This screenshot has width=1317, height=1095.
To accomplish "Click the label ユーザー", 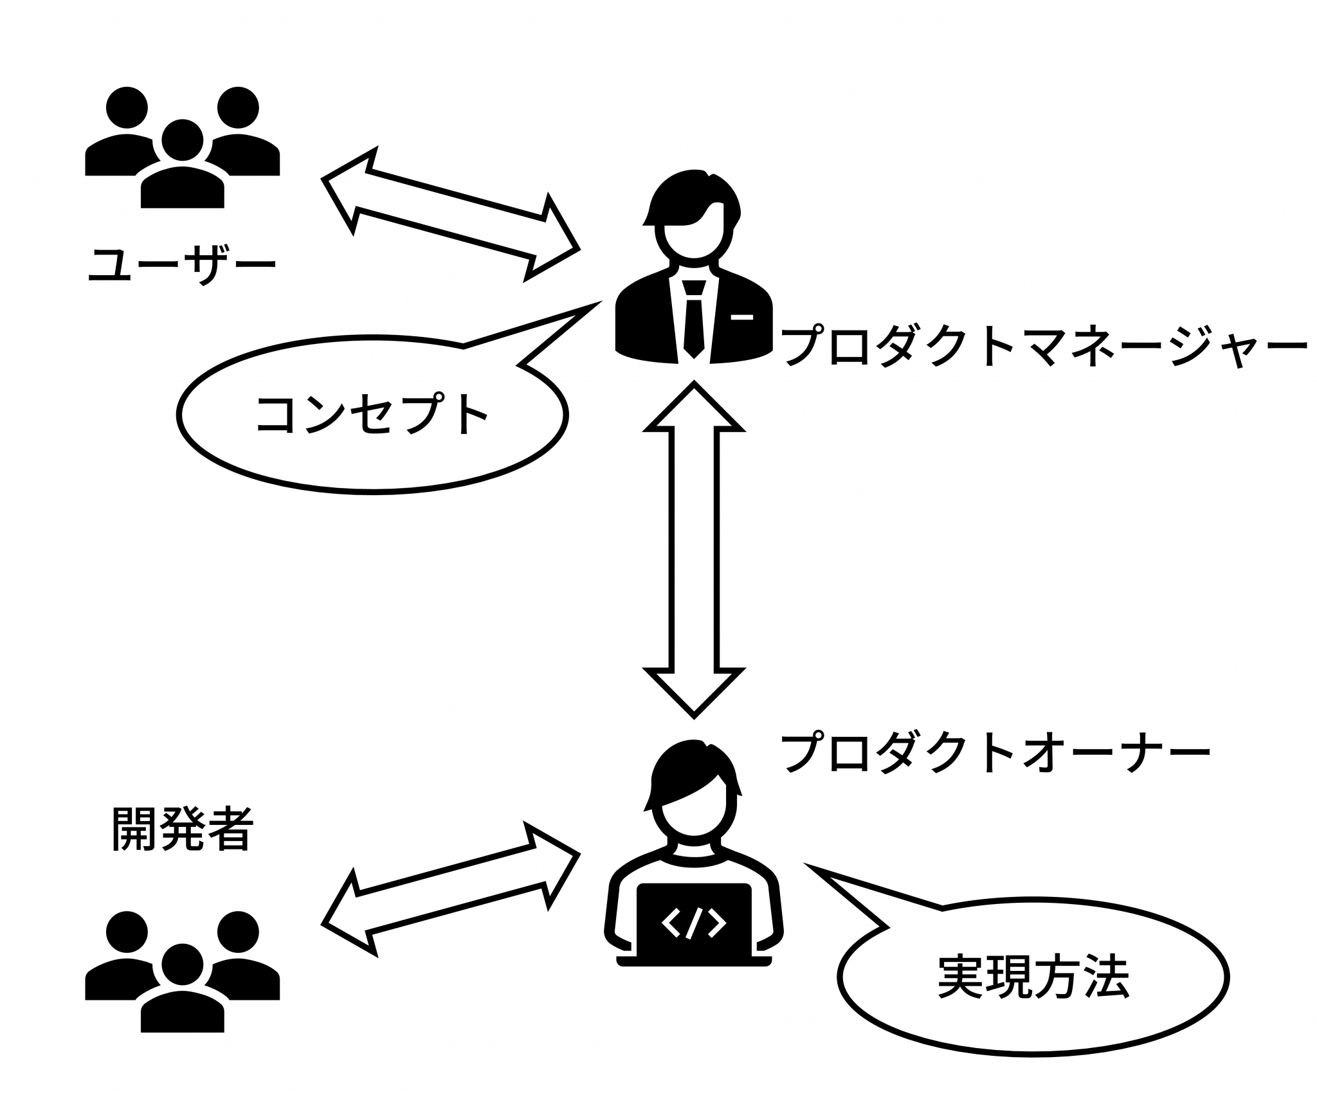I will [x=182, y=265].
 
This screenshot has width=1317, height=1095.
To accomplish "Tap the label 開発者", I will [x=182, y=829].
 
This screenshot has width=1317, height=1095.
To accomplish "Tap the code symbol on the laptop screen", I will [x=694, y=924].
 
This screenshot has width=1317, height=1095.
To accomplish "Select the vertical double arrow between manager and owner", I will [x=694, y=547].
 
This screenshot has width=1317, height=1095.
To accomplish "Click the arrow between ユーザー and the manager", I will [x=450, y=215].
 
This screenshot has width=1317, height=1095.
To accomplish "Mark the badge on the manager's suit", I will [x=741, y=316].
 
